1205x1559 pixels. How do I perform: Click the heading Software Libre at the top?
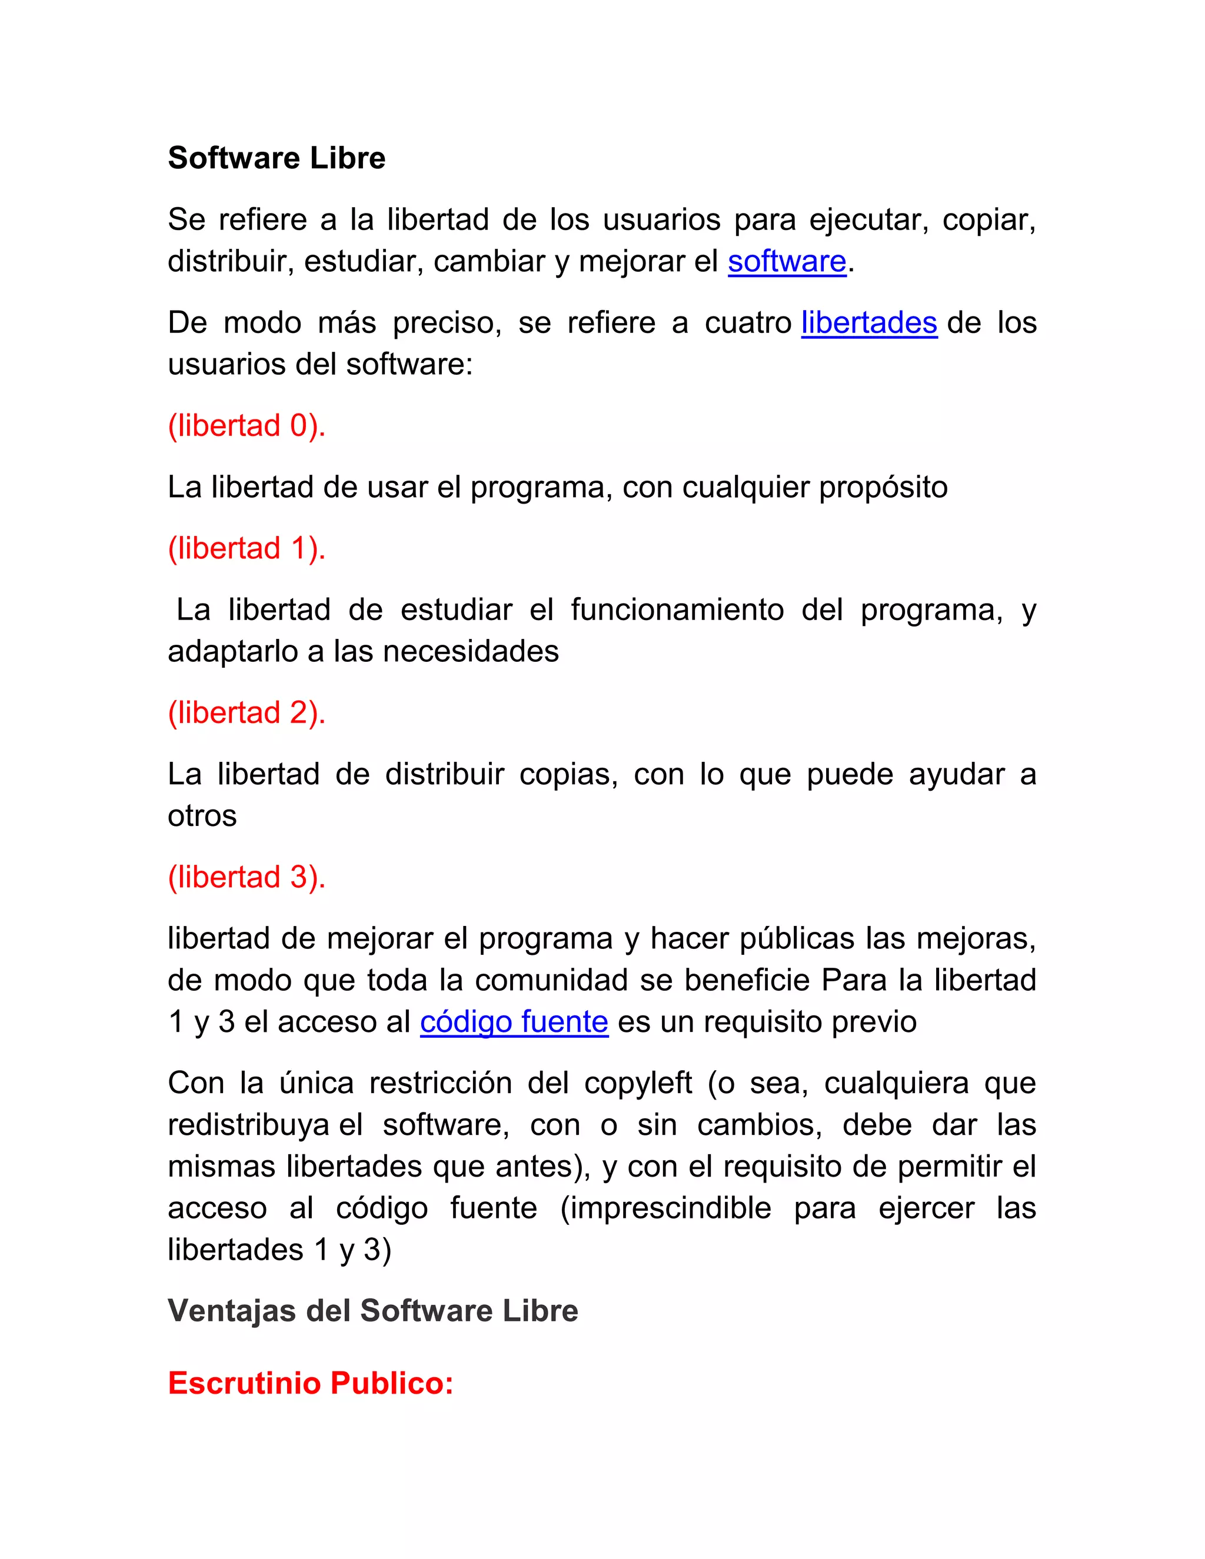point(277,158)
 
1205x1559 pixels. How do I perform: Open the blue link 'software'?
point(787,261)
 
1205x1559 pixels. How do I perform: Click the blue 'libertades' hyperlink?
point(869,322)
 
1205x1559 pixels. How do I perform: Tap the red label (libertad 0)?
point(247,425)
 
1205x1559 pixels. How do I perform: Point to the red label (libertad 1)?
point(247,548)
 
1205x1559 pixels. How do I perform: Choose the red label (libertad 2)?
point(247,712)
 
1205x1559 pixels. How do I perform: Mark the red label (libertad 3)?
point(247,877)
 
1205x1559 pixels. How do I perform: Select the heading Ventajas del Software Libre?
point(372,1311)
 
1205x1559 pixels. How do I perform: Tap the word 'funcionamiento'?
point(677,610)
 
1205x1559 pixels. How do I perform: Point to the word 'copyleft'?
point(637,1083)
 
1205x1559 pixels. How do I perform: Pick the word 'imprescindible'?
point(666,1208)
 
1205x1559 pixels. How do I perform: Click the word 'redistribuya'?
point(248,1125)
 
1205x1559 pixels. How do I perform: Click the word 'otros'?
point(202,816)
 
